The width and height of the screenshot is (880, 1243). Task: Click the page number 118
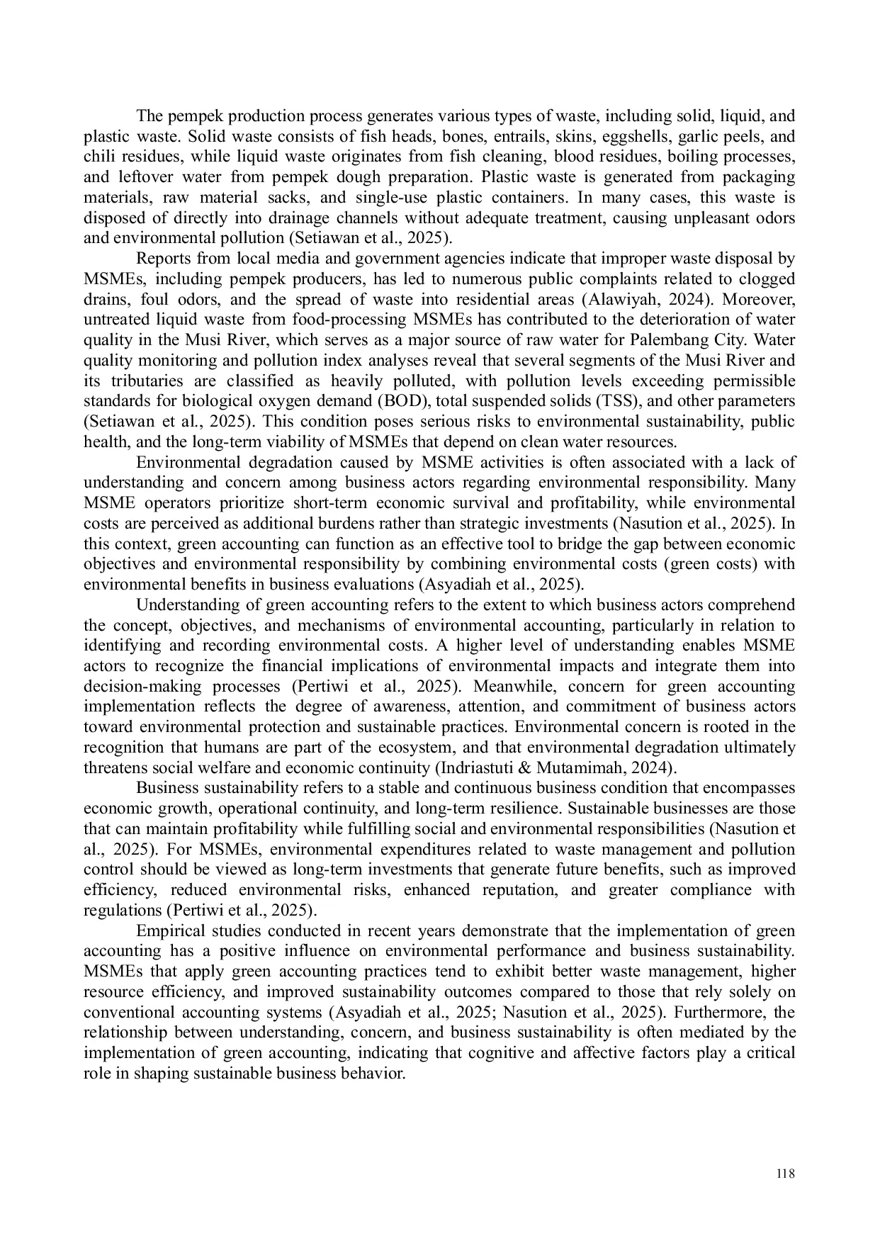point(786,1174)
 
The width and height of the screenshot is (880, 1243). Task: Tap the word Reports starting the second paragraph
point(162,259)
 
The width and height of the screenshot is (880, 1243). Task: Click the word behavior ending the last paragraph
point(376,1073)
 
